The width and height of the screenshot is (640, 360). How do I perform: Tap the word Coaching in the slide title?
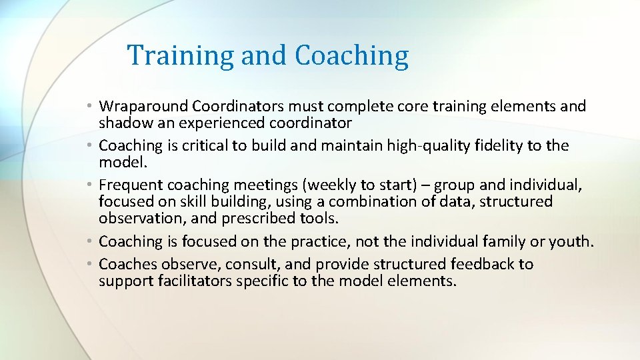coord(351,55)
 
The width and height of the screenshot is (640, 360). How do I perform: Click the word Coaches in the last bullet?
coord(126,264)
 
